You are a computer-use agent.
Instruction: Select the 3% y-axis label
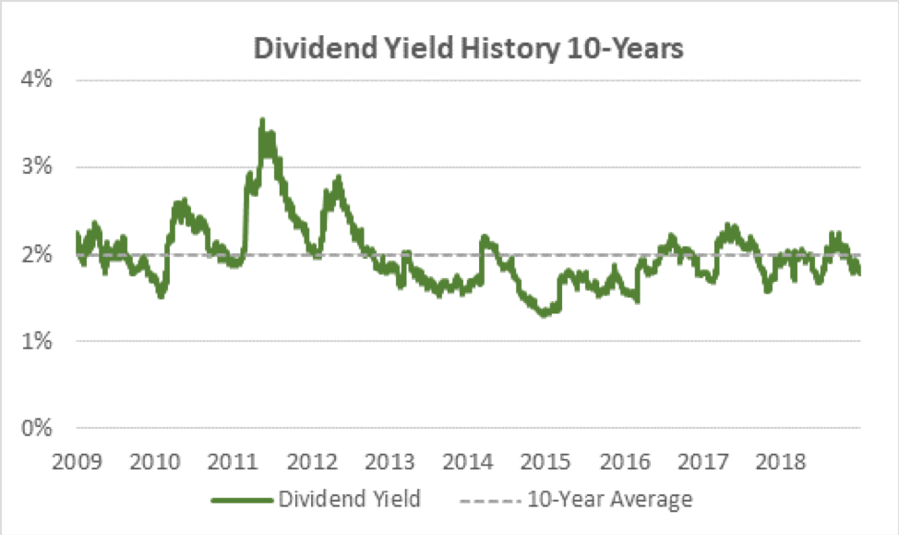(x=36, y=167)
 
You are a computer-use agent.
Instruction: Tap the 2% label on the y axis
(x=36, y=254)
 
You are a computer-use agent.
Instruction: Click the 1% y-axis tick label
(x=36, y=342)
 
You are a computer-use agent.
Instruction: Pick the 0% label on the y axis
(x=36, y=429)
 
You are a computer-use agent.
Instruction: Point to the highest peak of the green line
(x=262, y=120)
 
